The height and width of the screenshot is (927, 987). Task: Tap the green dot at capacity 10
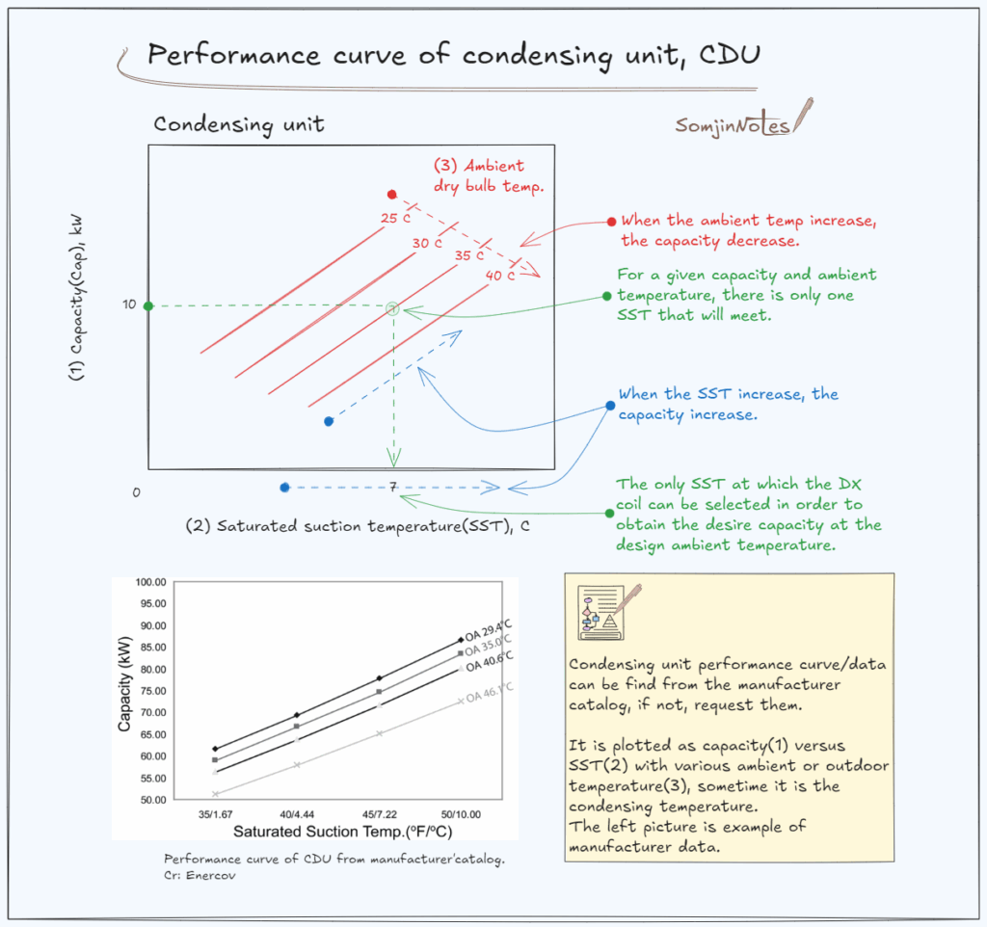point(148,306)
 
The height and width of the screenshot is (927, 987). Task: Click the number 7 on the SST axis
point(393,488)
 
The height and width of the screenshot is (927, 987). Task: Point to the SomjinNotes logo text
point(733,126)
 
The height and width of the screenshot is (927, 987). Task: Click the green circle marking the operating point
point(392,308)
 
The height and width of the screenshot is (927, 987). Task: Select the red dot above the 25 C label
point(391,195)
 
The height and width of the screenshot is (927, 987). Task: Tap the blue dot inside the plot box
point(329,421)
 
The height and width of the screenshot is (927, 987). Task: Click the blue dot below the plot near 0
point(284,488)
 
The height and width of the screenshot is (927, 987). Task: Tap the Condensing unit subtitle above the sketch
point(238,124)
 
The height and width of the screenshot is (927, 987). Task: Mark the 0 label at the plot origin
point(136,492)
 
